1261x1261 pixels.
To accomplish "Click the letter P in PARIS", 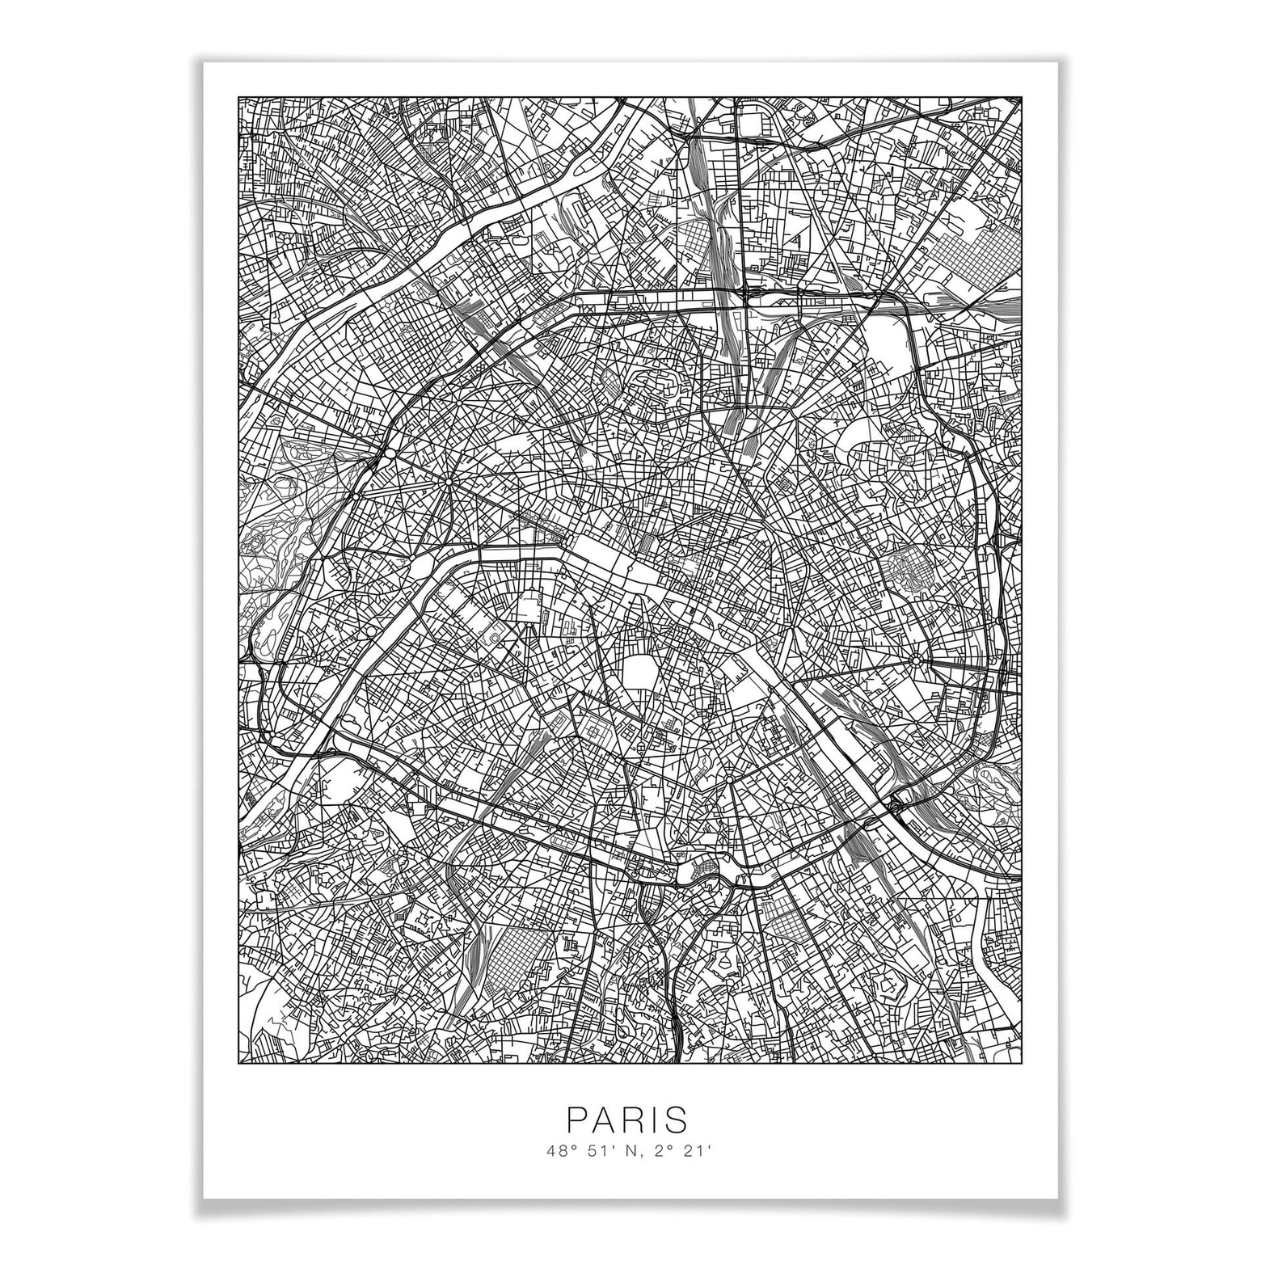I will [x=576, y=1120].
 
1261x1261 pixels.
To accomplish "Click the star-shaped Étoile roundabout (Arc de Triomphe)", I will [x=447, y=483].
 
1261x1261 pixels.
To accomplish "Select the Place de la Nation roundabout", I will [x=915, y=660].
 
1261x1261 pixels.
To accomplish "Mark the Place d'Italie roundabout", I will [x=727, y=779].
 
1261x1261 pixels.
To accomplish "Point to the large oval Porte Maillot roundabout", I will [x=389, y=455].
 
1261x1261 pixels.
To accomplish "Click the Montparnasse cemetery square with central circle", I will [x=596, y=730].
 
